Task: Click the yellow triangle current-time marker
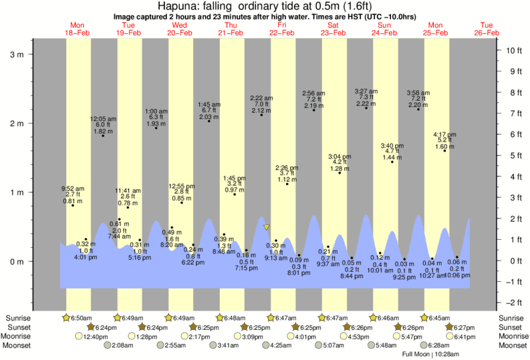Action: tap(267, 228)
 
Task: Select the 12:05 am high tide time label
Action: tap(103, 119)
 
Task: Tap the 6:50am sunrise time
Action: tap(81, 317)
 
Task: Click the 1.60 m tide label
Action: tap(444, 146)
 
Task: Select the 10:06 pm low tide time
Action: tap(456, 275)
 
